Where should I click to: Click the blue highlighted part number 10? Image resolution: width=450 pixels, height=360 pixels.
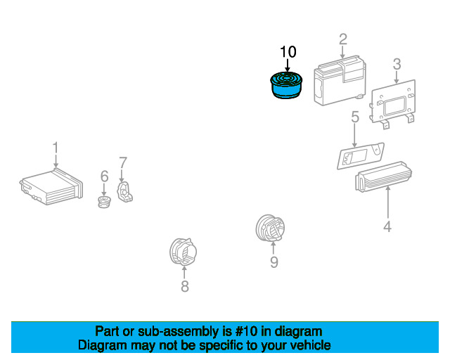pos(286,85)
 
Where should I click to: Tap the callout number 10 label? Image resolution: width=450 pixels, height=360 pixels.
pos(288,52)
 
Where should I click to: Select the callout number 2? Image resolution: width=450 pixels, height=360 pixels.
pos(343,39)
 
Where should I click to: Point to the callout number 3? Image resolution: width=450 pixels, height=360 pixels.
pos(397,64)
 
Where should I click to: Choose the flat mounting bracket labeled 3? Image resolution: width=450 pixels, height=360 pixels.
pos(392,104)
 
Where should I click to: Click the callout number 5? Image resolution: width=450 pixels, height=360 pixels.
pos(355,117)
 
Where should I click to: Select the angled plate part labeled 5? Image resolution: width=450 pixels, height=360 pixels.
pos(361,155)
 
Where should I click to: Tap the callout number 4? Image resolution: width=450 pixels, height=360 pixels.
pos(387,226)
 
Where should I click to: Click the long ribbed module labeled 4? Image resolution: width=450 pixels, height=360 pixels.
pos(384,176)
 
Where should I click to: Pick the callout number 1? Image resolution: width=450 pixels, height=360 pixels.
pos(56,148)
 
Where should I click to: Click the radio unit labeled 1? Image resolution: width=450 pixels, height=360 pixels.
pos(51,186)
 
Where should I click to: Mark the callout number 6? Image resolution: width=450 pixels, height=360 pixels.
pos(105,176)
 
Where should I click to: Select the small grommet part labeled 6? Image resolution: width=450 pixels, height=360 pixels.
pos(104,202)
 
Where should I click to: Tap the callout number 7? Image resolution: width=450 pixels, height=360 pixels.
pos(123,163)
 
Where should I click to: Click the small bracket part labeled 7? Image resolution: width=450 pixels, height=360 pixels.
pos(124,191)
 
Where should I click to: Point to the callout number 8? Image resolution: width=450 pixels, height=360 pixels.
pos(185,286)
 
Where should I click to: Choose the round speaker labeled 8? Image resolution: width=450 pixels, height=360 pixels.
pos(183,251)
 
